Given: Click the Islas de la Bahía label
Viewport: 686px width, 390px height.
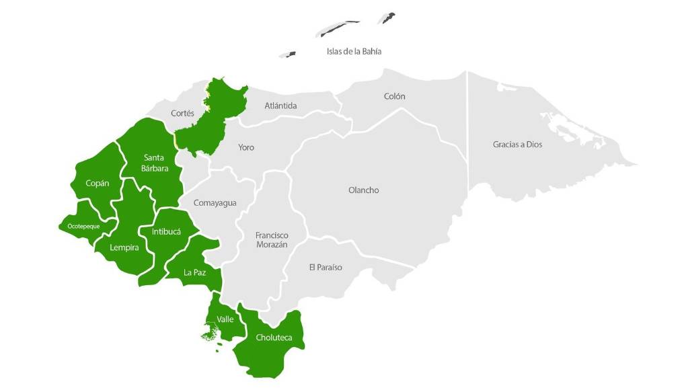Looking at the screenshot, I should (354, 51).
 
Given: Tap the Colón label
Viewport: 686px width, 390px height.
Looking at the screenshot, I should (394, 96).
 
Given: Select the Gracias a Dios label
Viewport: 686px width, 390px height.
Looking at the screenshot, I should (517, 145).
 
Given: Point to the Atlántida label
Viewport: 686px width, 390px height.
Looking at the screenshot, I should (280, 106).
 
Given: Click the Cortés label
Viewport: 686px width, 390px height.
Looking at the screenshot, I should (182, 114).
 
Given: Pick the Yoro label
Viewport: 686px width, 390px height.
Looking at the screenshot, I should (246, 147).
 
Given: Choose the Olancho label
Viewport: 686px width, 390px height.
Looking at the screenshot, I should (363, 190).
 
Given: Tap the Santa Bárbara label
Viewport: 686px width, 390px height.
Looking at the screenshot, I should (155, 163).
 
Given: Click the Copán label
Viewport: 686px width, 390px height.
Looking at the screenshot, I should (98, 183).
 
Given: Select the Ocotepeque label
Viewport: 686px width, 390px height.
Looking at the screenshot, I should (83, 227).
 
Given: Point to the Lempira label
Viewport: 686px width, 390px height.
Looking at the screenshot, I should (124, 247).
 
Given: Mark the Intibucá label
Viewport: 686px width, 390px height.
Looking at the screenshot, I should (166, 231).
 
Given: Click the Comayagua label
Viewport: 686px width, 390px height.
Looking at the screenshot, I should (215, 202).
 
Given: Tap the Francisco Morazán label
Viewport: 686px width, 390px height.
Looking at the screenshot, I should (272, 240).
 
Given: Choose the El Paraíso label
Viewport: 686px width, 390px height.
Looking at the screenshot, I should (326, 268).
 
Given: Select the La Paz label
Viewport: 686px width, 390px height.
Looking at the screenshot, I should (194, 272).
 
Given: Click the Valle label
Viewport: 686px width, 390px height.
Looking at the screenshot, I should (225, 319).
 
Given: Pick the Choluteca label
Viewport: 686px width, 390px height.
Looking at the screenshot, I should (274, 338).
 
